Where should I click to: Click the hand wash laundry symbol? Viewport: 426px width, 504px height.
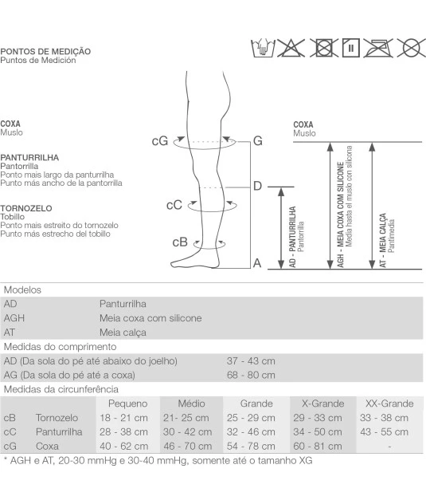pos(263,48)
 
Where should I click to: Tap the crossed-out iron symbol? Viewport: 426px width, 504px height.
pos(378,48)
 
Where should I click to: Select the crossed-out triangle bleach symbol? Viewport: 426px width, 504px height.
pos(291,48)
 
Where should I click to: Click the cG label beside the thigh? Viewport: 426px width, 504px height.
pos(159,141)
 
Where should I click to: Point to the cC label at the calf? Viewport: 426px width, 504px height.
pos(174,205)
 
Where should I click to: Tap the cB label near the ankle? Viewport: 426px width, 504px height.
pos(180,242)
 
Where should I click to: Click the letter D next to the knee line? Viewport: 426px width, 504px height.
pos(257,186)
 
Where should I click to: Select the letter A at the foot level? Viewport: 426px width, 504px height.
pos(257,263)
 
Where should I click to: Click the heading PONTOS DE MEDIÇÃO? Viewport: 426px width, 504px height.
pos(45,51)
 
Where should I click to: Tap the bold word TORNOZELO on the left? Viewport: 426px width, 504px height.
pos(26,208)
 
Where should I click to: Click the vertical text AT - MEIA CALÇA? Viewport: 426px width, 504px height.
pos(383,240)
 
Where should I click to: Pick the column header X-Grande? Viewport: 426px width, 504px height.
pos(323,404)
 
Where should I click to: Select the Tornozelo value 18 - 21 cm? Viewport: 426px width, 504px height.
pos(123,418)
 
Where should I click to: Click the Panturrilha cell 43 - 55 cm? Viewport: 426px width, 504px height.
pos(384,432)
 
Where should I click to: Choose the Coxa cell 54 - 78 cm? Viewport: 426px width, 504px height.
pos(251,446)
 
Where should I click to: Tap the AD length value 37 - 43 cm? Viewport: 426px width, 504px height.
pos(251,361)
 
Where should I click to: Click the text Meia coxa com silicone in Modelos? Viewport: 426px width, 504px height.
pos(150,318)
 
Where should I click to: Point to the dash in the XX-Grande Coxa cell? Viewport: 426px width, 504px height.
pos(389,447)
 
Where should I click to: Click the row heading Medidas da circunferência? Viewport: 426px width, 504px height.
pos(61,390)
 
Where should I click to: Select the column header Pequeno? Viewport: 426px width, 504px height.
pos(127,404)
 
